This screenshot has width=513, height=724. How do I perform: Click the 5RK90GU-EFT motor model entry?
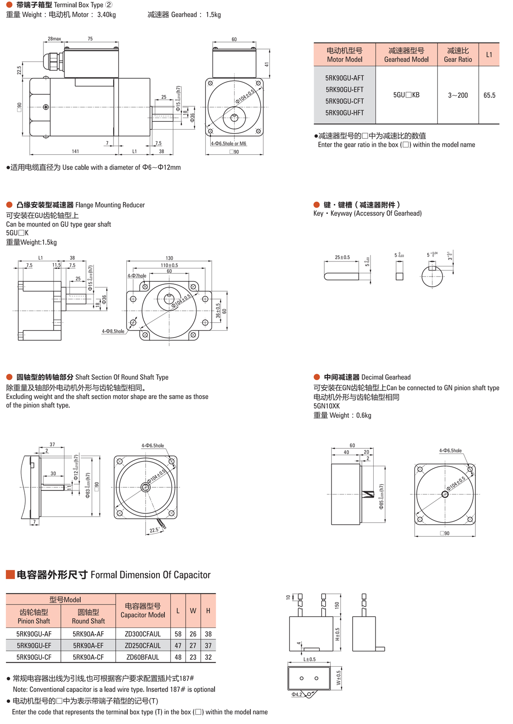pyautogui.click(x=344, y=89)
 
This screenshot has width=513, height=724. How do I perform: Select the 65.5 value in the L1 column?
pyautogui.click(x=489, y=95)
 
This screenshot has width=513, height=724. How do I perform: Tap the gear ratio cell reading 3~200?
pyautogui.click(x=458, y=95)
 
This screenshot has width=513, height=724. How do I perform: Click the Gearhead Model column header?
pyautogui.click(x=406, y=54)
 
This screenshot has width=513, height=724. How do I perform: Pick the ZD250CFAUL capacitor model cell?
pyautogui.click(x=142, y=645)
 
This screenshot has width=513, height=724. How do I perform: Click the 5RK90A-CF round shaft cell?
pyautogui.click(x=88, y=657)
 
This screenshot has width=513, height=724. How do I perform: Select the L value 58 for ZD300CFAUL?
pyautogui.click(x=178, y=634)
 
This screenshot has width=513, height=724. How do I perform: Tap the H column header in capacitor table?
pyautogui.click(x=208, y=610)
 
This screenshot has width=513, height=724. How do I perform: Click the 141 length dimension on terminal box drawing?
pyautogui.click(x=75, y=151)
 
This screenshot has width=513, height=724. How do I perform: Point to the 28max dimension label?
pyautogui.click(x=54, y=39)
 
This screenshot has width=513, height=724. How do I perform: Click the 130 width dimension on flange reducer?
pyautogui.click(x=169, y=258)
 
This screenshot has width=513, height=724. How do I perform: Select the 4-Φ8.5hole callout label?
pyautogui.click(x=113, y=331)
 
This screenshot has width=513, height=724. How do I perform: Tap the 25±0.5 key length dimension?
pyautogui.click(x=342, y=257)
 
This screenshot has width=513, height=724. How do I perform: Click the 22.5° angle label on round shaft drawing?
pyautogui.click(x=154, y=530)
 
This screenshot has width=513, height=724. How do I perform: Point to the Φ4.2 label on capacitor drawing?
pyautogui.click(x=297, y=694)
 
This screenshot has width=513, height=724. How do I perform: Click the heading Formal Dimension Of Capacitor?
pyautogui.click(x=150, y=575)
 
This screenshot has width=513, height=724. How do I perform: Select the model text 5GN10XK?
pyautogui.click(x=327, y=406)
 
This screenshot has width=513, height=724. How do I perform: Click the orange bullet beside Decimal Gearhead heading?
pyautogui.click(x=317, y=377)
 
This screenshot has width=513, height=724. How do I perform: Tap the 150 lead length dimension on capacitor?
pyautogui.click(x=337, y=605)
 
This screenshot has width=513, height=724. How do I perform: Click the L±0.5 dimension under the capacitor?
pyautogui.click(x=309, y=659)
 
